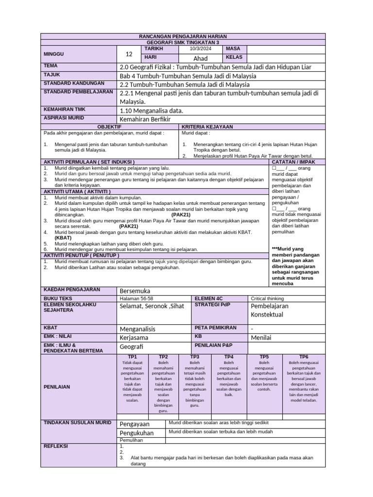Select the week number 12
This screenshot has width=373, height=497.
click(129, 54)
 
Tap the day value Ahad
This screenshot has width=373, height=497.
click(200, 58)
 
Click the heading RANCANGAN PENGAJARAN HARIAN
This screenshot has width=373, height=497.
click(183, 36)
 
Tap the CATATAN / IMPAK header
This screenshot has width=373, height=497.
click(297, 161)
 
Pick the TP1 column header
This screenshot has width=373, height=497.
click(132, 357)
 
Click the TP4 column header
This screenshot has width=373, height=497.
click(229, 357)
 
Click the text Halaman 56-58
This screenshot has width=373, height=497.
click(136, 298)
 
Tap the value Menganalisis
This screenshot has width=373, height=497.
click(140, 328)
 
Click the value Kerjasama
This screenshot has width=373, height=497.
click(134, 337)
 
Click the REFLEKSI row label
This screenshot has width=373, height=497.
click(56, 446)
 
